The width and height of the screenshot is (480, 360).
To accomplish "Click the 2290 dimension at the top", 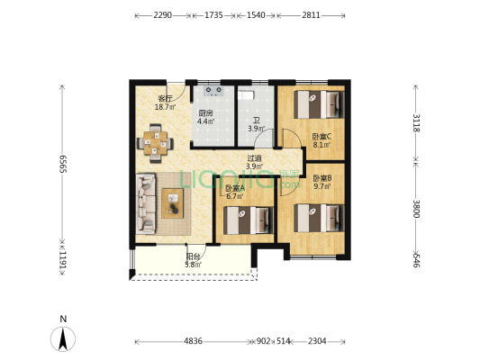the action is (x=162, y=15).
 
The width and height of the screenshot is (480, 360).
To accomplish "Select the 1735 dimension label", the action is (x=213, y=15).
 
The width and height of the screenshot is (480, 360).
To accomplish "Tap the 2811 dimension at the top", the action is (x=311, y=15).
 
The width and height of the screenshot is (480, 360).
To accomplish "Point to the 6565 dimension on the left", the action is (x=63, y=164).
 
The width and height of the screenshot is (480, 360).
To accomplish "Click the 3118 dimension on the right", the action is (x=416, y=122).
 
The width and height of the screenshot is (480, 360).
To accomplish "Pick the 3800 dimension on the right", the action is (x=416, y=209).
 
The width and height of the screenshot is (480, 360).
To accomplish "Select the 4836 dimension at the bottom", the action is (x=193, y=341).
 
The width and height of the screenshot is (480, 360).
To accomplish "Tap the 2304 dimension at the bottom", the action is (x=317, y=341).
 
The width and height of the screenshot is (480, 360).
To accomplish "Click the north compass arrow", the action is (x=63, y=338).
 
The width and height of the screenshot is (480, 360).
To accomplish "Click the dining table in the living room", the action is (x=155, y=143).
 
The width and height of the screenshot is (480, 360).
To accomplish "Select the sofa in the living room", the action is (x=146, y=203).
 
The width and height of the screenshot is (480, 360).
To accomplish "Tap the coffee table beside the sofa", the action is (x=173, y=203).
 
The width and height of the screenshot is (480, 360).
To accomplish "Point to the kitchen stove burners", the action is (x=213, y=91).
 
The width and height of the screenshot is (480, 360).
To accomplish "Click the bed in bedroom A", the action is (x=249, y=220).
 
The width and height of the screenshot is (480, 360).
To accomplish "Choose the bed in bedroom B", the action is (x=320, y=218).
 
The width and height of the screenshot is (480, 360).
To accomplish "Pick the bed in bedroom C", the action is (x=320, y=104).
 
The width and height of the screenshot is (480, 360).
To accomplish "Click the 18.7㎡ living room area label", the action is (x=166, y=107).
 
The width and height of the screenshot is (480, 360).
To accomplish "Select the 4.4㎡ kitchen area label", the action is (x=205, y=121).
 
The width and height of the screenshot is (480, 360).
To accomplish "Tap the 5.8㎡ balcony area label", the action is (x=193, y=265).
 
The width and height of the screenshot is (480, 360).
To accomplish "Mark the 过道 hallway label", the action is (x=254, y=158).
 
